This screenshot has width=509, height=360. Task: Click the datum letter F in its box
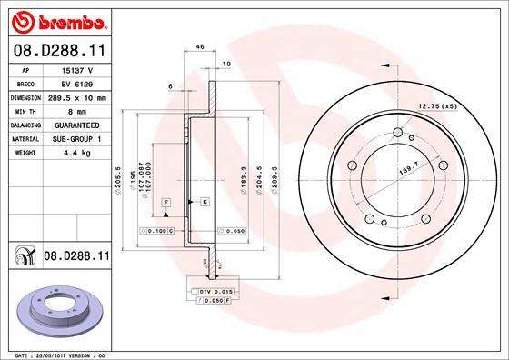pos(166,200)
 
